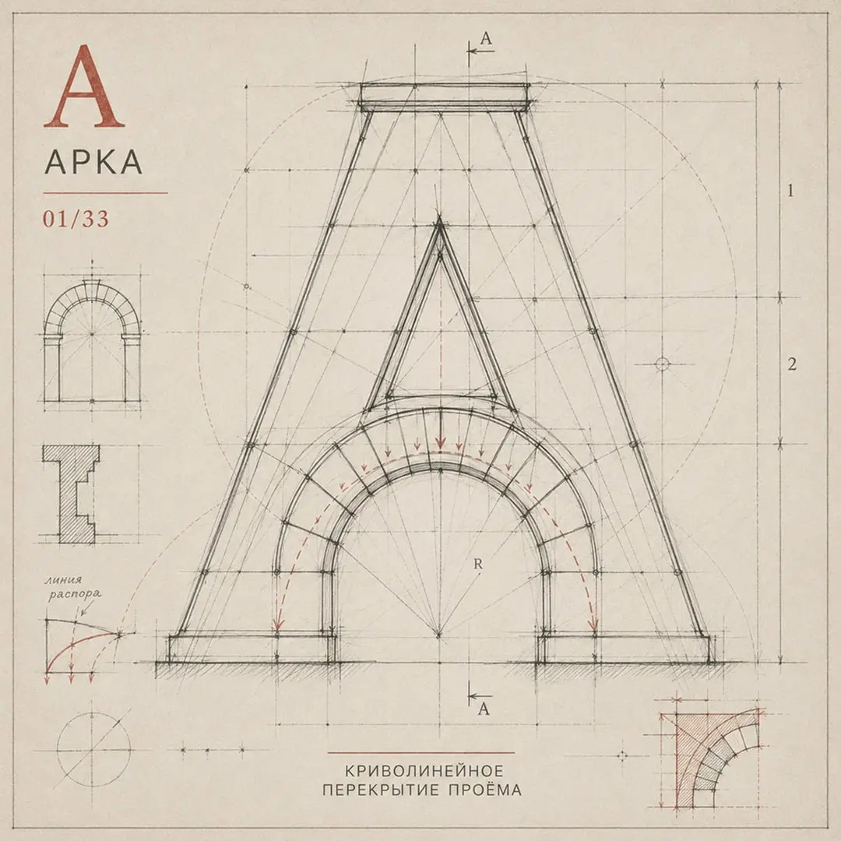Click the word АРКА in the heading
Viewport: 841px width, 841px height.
(x=94, y=161)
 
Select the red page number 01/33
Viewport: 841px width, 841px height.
(x=76, y=219)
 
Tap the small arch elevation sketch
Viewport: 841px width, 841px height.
(x=92, y=339)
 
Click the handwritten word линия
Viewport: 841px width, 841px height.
(x=64, y=580)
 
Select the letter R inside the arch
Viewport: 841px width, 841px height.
(x=478, y=564)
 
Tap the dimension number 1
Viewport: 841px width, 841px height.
(x=790, y=191)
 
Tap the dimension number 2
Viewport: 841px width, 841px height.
(x=792, y=364)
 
